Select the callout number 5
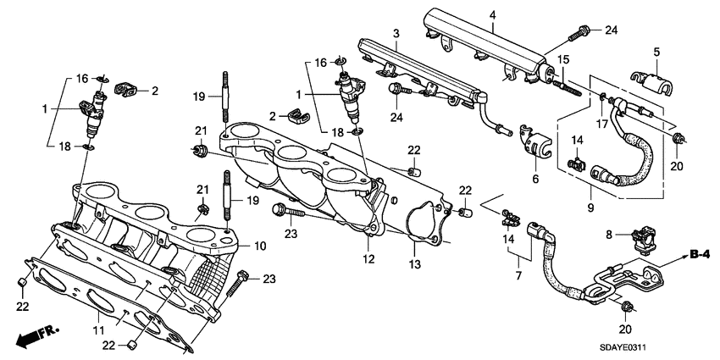[x=656, y=53]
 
